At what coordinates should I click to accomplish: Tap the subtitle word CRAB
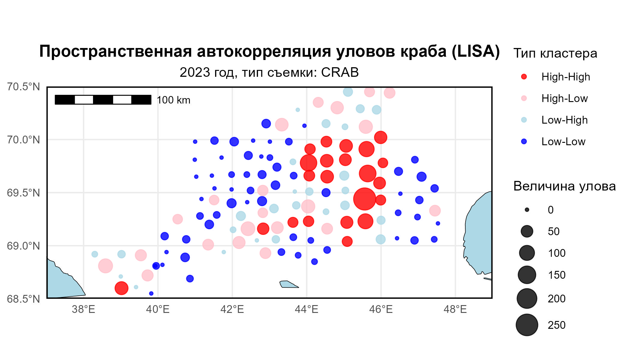340,72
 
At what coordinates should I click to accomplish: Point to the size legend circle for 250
527,325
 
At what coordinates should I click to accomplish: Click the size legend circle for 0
527,210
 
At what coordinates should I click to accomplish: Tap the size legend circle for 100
527,253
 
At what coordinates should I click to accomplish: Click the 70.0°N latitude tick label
23,140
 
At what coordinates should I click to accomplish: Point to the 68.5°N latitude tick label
23,299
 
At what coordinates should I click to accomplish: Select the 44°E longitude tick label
307,309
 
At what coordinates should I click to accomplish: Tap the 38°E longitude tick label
83,309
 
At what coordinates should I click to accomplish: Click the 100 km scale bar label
174,100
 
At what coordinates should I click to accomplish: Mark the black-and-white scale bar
103,100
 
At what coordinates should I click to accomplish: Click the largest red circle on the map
364,199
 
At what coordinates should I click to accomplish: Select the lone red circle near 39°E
121,288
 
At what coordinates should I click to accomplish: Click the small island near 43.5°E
289,284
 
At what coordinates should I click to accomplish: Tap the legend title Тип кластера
555,53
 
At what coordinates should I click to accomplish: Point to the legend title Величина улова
565,187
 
